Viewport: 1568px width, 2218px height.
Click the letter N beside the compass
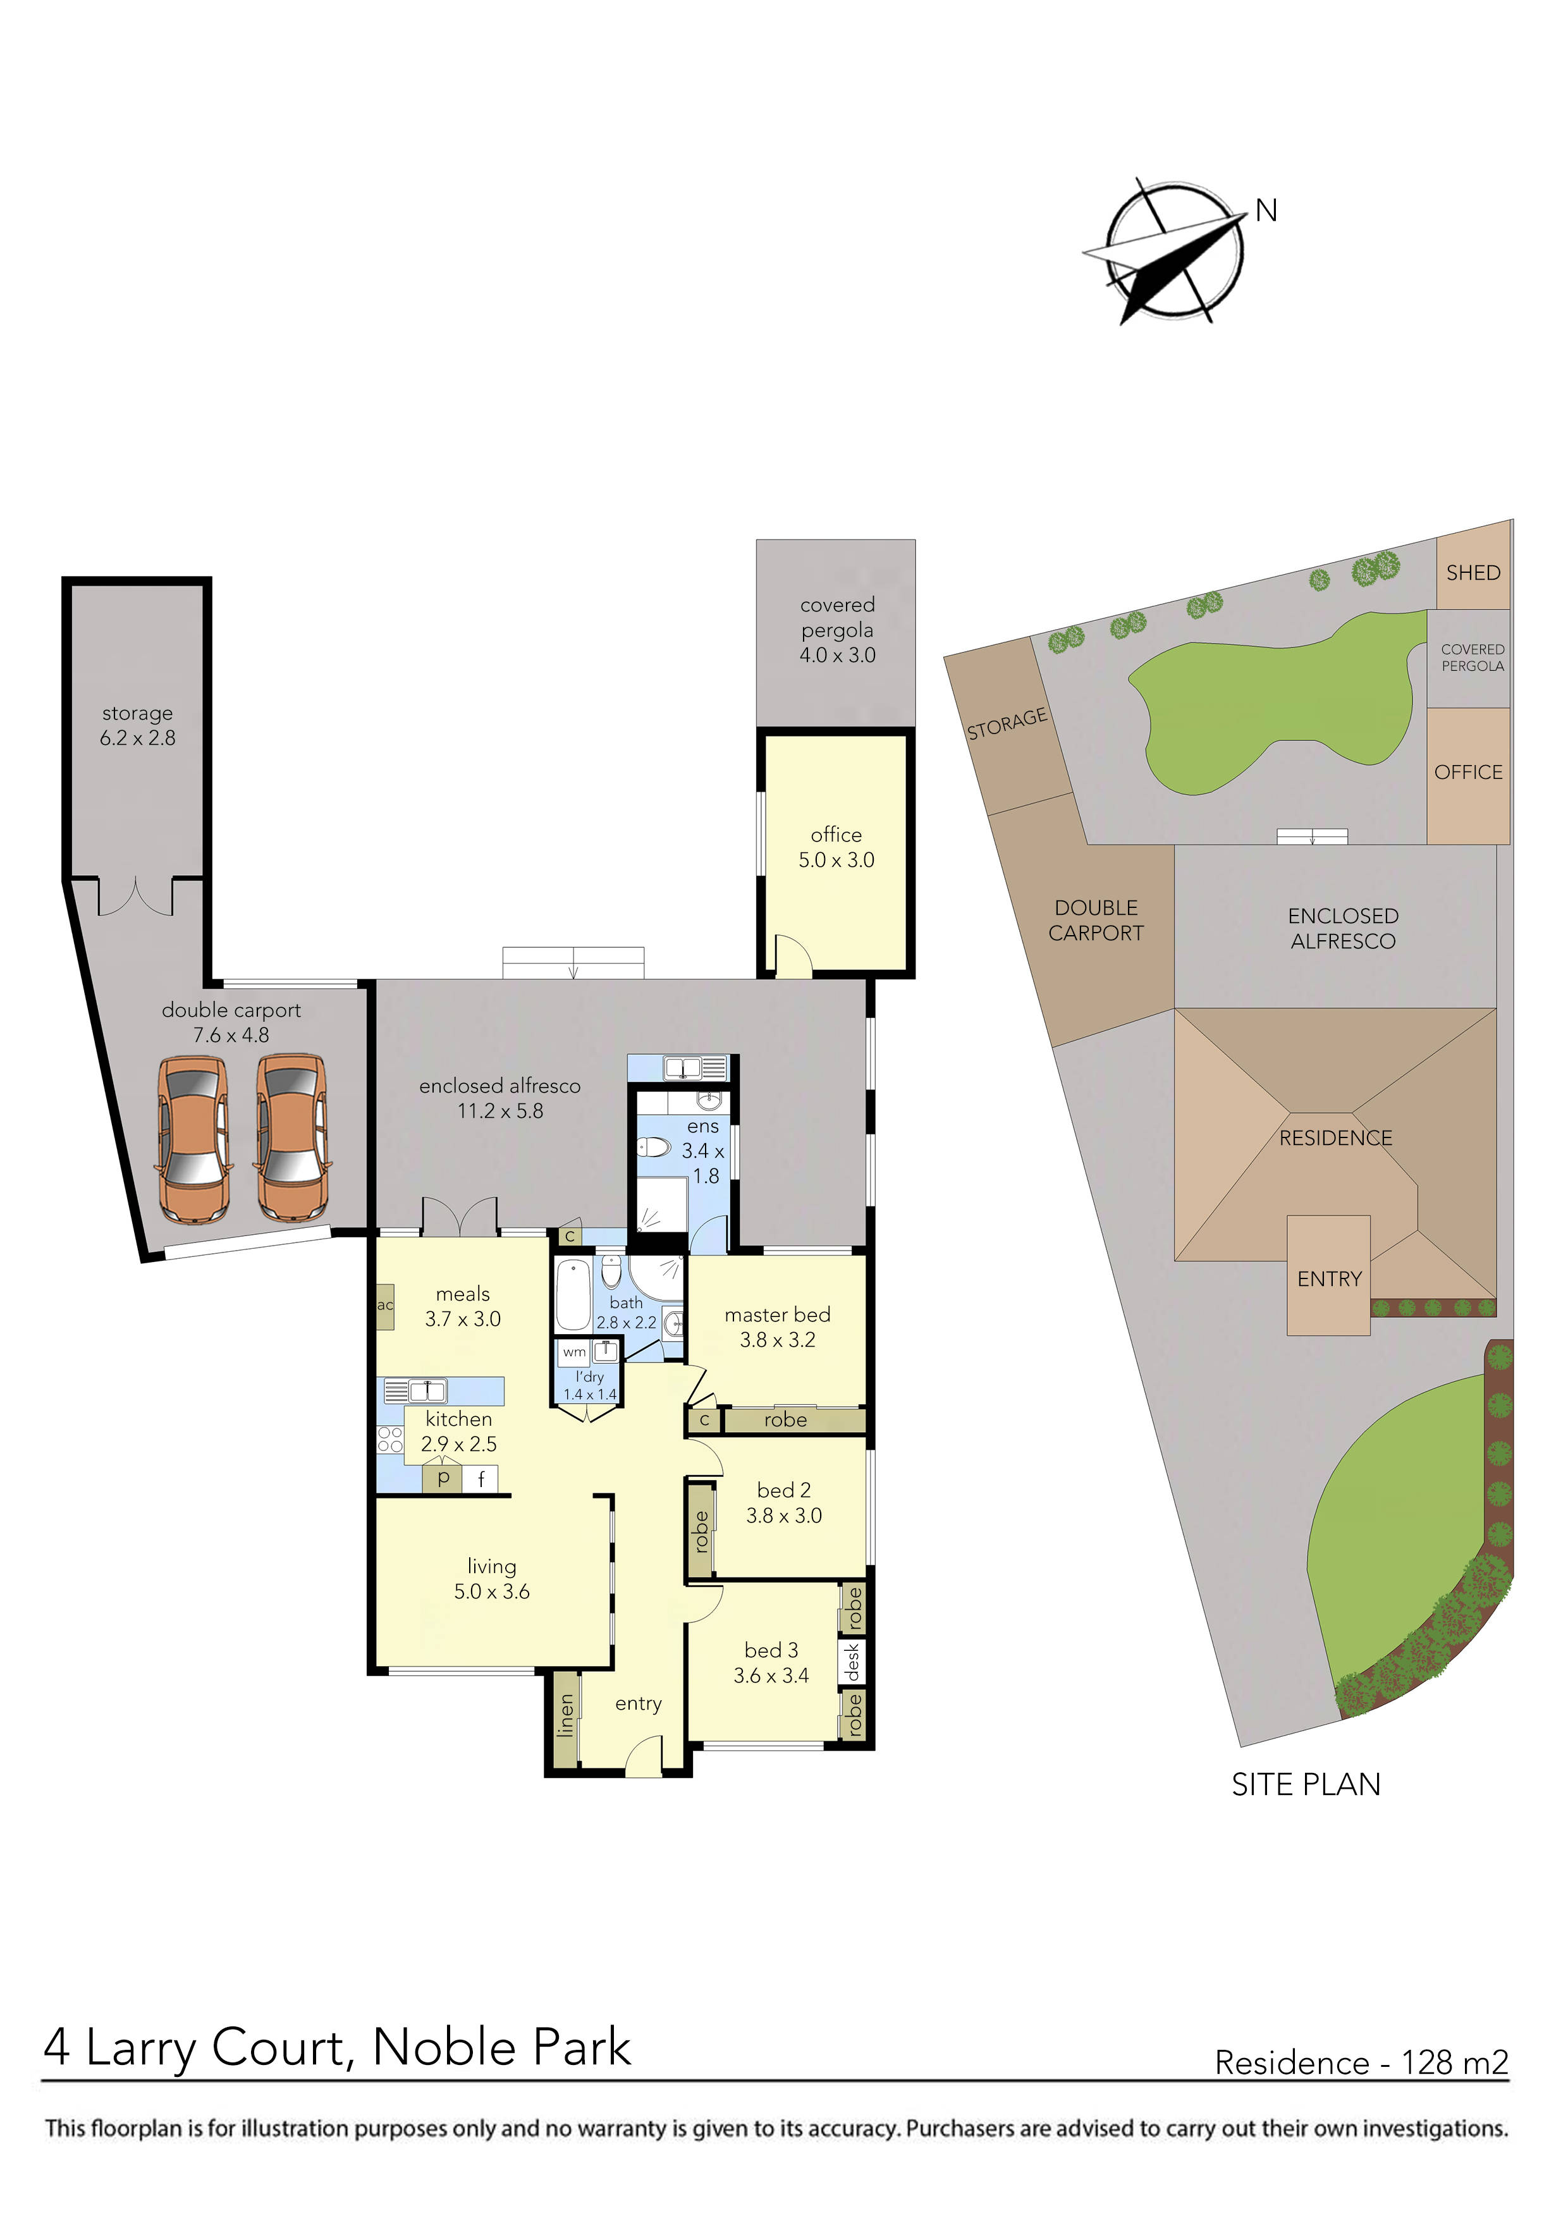click(1266, 211)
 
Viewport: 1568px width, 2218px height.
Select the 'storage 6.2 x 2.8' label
click(137, 725)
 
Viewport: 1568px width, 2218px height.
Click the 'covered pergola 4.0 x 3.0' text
click(836, 629)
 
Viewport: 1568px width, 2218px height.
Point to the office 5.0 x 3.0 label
click(836, 847)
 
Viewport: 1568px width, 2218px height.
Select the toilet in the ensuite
click(654, 1148)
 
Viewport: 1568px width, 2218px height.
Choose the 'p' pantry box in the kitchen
click(443, 1478)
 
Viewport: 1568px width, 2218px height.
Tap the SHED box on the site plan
click(1473, 572)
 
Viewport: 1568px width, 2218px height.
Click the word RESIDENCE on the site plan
click(1335, 1138)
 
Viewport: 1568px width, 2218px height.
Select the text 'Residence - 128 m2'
click(1360, 2062)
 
